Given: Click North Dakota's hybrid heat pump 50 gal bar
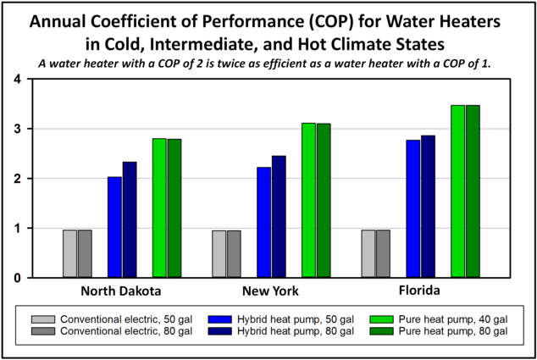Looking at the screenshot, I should (114, 227).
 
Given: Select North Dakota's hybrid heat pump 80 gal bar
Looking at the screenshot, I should (130, 219).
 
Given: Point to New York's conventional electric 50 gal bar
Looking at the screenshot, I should (219, 253).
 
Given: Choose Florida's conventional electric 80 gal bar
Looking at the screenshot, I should (383, 253).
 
